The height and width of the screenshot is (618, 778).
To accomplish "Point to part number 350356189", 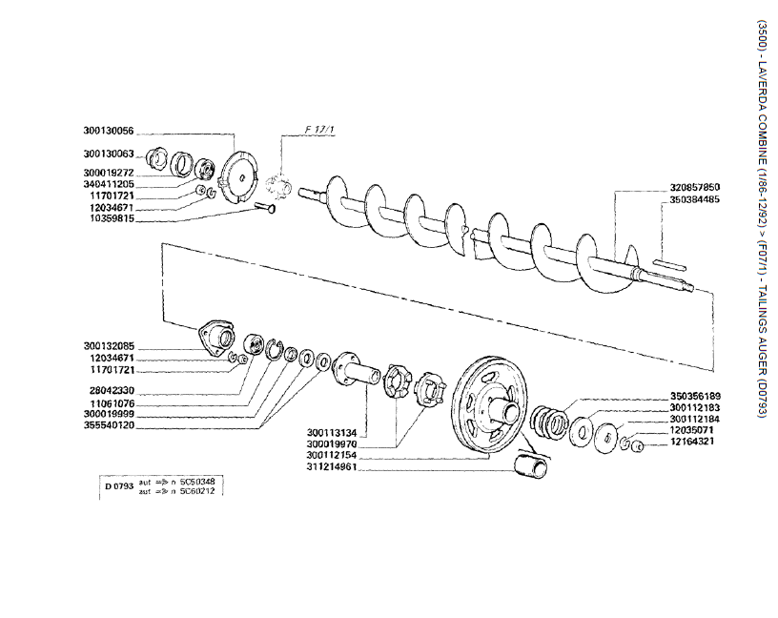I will (x=695, y=396).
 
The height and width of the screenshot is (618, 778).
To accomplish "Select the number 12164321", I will (x=695, y=443).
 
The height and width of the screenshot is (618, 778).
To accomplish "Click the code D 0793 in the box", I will (x=119, y=486).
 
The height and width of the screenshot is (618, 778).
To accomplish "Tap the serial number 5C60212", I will (x=196, y=491).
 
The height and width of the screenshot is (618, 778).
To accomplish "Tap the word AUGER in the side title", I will (x=760, y=338).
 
